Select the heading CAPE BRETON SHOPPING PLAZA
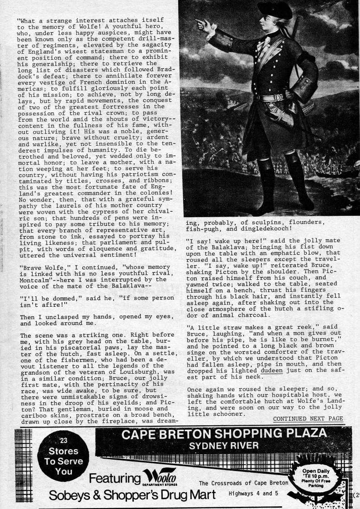[224, 438]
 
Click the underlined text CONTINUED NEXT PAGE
[308, 419]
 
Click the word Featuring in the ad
[114, 478]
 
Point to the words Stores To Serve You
[64, 462]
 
